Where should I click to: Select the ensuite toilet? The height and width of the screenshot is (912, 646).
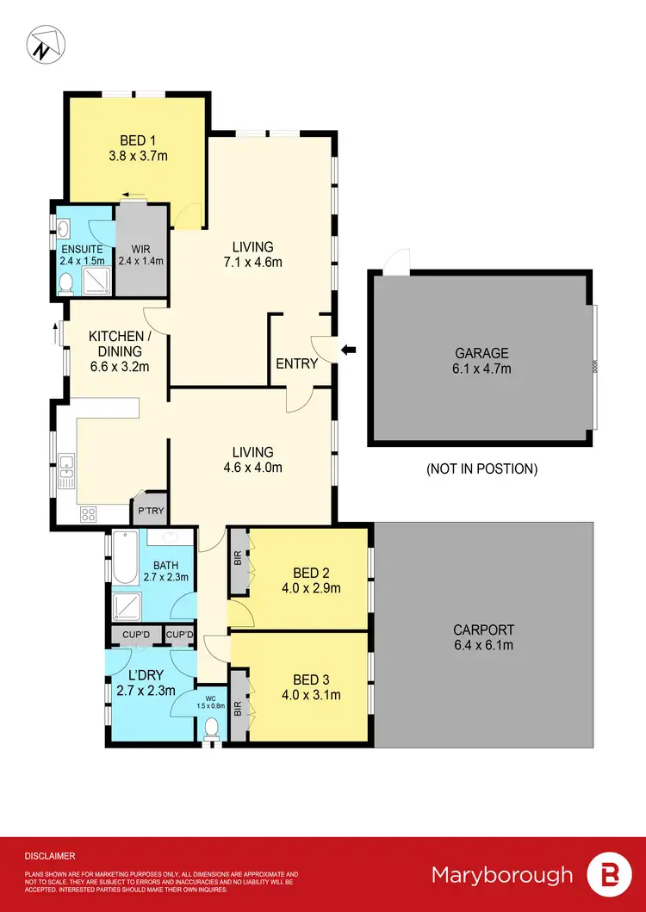(65, 282)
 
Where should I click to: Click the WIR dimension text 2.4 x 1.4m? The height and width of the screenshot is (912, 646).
(140, 261)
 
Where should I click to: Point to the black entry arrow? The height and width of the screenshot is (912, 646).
(348, 350)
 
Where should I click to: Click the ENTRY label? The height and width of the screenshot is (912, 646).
(296, 363)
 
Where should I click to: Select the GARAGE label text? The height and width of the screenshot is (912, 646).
(481, 352)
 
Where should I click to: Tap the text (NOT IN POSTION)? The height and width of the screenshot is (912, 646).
(481, 469)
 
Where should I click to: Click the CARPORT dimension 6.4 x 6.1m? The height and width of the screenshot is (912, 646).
(483, 644)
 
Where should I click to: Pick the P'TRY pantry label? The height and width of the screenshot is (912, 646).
(151, 512)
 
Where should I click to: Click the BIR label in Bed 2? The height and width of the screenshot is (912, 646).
(238, 558)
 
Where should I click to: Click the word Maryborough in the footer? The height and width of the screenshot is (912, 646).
(501, 875)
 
